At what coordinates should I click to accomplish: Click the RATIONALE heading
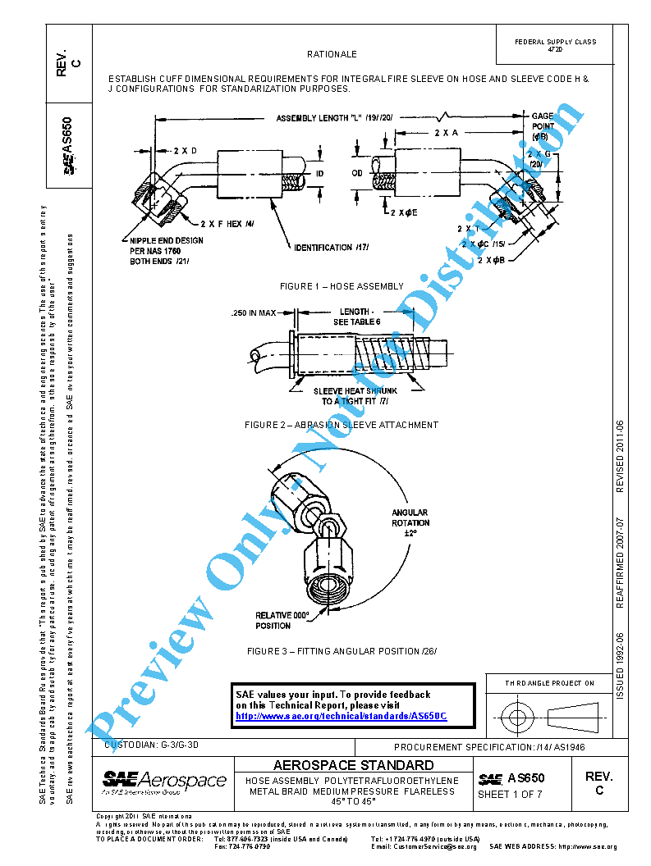tap(332, 54)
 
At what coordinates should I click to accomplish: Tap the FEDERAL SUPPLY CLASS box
tap(555, 45)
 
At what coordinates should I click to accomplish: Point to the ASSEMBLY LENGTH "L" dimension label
tap(335, 117)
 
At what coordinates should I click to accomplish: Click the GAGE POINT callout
tap(543, 126)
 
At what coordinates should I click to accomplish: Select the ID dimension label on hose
tap(320, 173)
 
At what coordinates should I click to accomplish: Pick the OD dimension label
tap(357, 173)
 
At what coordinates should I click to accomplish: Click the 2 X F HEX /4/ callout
tap(227, 222)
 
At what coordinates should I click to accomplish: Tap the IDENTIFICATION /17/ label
tap(332, 247)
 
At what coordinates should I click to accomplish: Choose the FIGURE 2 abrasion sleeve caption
tap(342, 425)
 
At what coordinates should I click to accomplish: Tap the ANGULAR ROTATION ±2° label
tap(410, 522)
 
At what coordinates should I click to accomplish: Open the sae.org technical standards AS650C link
tap(341, 716)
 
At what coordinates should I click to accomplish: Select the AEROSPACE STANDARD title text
tap(353, 764)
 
